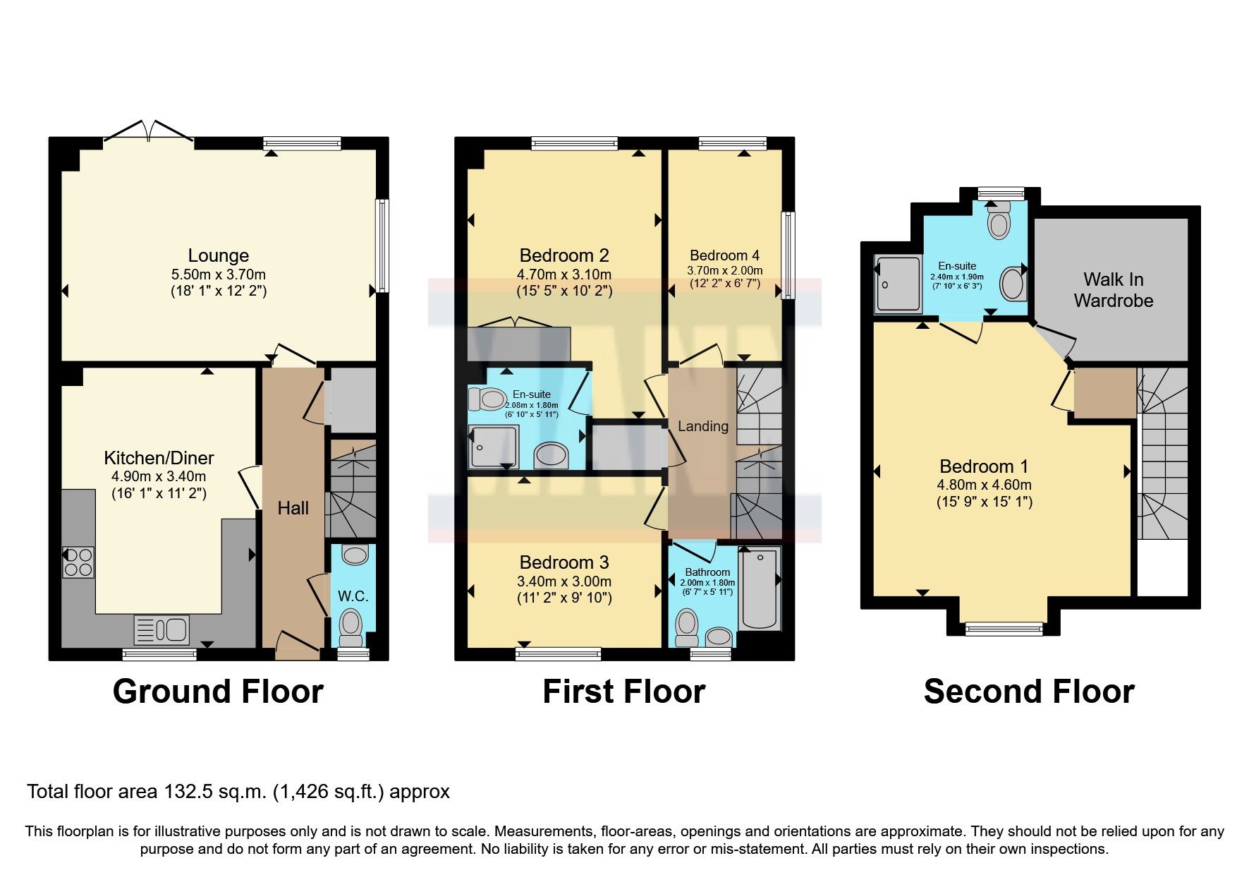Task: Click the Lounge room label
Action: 218,255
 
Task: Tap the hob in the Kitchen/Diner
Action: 78,562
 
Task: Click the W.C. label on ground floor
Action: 353,596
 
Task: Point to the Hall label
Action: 293,508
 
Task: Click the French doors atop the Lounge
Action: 149,133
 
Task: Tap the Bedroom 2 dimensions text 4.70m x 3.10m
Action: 564,274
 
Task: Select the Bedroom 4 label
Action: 724,255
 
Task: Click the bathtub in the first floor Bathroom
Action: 760,589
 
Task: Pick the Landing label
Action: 702,426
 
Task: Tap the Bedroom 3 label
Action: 564,562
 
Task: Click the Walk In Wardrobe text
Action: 1113,290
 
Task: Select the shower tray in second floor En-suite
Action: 898,284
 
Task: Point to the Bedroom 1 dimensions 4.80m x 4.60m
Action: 984,485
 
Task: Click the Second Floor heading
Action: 1028,692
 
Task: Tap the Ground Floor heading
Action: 218,692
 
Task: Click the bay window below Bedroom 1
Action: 1004,628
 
